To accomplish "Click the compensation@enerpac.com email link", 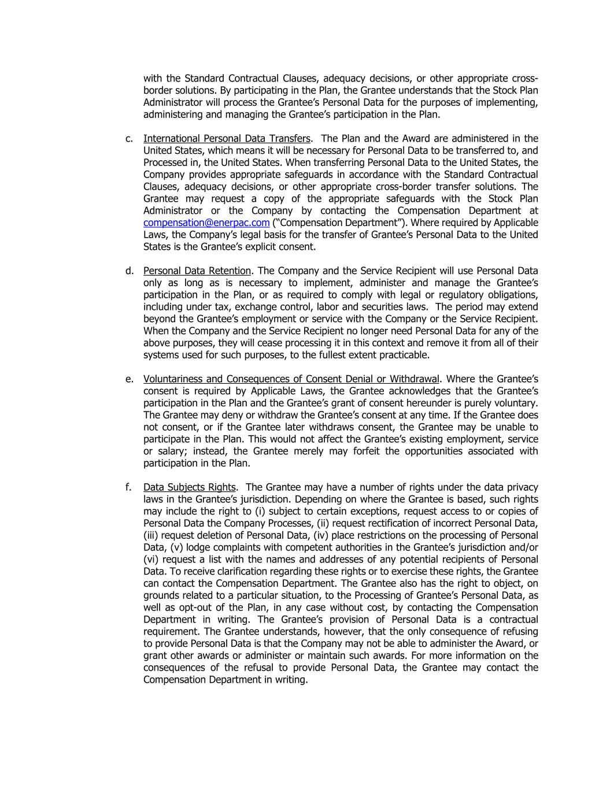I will click(x=206, y=223).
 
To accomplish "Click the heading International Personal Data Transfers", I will click(x=227, y=138).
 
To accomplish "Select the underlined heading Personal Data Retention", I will click(x=197, y=271).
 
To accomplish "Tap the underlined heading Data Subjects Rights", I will click(x=190, y=487).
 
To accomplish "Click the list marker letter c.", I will click(x=128, y=138).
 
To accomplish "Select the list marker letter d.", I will click(x=128, y=271).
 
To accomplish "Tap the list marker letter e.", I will click(x=128, y=379).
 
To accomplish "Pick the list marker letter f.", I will click(x=128, y=487).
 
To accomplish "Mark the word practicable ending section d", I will click(x=402, y=355).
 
